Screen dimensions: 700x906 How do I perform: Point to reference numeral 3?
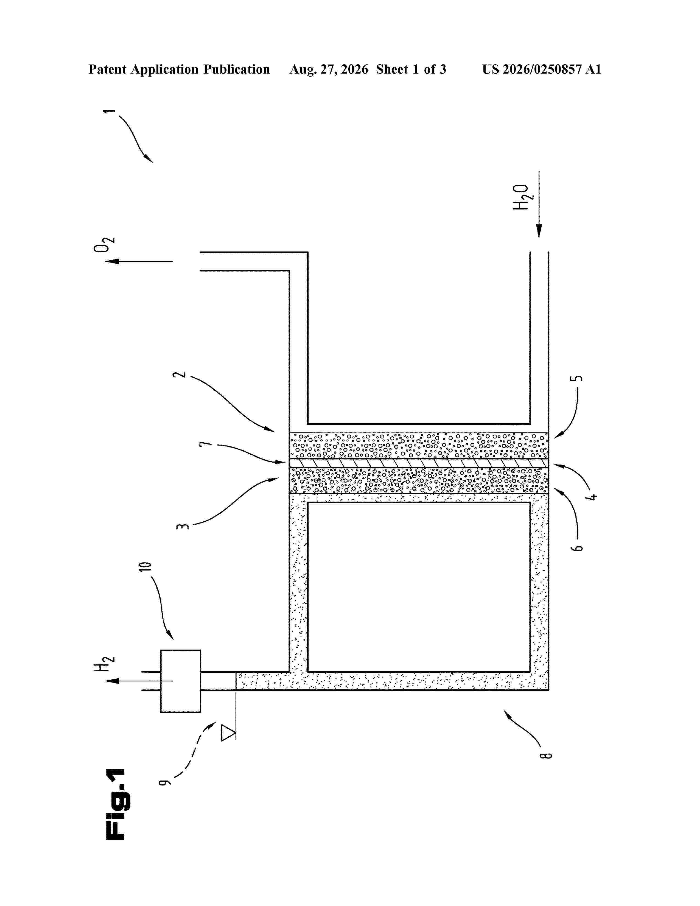point(183,526)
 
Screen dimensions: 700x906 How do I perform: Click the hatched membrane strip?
point(419,463)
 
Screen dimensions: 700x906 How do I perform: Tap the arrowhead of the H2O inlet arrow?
point(539,231)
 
